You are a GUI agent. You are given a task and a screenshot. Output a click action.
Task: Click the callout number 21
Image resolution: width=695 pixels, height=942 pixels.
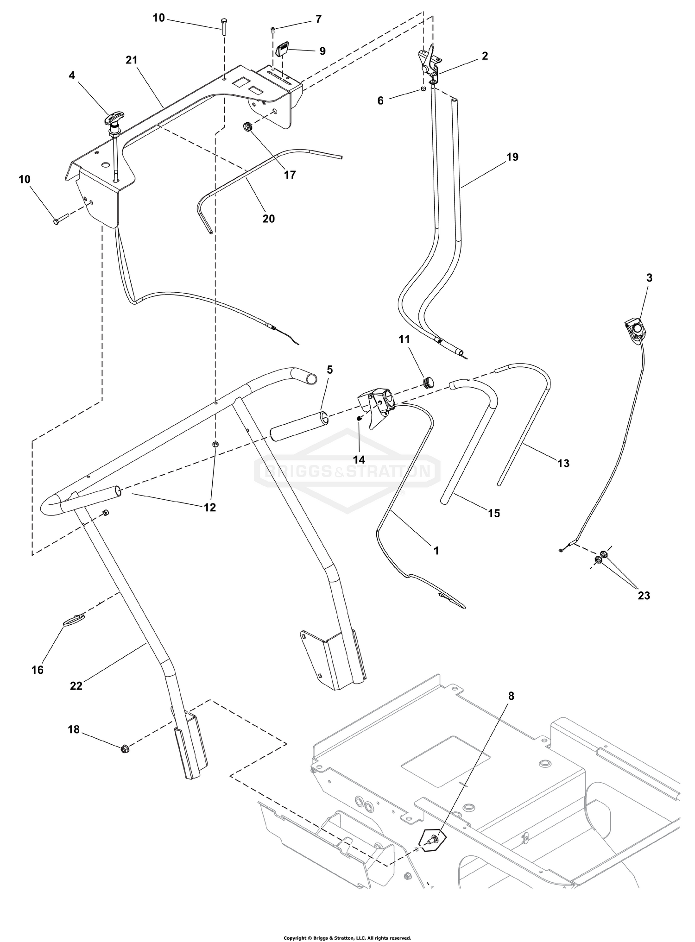(x=131, y=60)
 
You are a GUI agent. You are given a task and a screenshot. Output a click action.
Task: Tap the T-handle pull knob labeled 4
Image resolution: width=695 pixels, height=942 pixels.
(x=114, y=121)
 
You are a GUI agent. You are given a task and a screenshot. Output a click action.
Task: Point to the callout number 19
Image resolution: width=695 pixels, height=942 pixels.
(x=512, y=157)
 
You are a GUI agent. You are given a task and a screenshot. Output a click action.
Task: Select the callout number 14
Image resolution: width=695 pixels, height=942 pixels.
(x=359, y=459)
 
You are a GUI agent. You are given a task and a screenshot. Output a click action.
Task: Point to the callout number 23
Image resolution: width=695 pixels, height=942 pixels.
(x=644, y=595)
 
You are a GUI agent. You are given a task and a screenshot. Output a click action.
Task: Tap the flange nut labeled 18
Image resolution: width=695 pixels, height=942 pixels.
(x=124, y=748)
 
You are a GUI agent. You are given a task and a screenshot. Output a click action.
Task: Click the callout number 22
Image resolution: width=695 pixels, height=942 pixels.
(x=76, y=686)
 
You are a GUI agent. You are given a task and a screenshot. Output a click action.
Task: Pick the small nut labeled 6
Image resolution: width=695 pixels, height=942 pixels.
(x=423, y=89)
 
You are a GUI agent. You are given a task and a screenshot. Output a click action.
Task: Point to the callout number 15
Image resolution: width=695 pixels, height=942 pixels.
(x=494, y=513)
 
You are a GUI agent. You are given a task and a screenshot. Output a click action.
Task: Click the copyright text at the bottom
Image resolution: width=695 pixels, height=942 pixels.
(x=347, y=937)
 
